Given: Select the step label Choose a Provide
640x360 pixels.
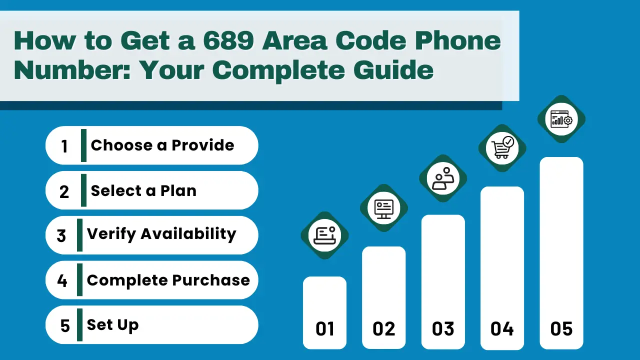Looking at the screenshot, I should click(x=162, y=145).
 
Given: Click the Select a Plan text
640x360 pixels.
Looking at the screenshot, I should click(x=143, y=190).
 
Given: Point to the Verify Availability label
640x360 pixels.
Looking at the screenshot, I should click(x=161, y=234).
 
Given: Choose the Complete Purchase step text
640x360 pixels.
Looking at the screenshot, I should click(x=168, y=280).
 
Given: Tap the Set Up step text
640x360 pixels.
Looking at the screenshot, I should click(x=112, y=325).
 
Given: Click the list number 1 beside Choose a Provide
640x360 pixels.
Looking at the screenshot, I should click(x=64, y=146).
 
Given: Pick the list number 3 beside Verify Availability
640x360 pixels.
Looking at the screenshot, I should click(x=61, y=235).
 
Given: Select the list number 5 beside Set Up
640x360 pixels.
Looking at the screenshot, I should click(x=65, y=326).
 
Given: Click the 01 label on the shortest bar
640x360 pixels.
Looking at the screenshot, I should click(x=324, y=329).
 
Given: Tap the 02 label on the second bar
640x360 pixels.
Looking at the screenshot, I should click(x=383, y=329).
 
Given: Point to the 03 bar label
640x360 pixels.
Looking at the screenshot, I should click(x=443, y=329).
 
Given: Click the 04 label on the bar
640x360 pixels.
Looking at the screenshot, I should click(x=502, y=329).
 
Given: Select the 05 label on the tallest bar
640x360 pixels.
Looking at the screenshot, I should click(x=561, y=329).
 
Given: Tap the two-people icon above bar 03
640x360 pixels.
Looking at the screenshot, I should click(x=443, y=178).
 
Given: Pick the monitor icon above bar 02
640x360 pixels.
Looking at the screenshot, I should click(x=383, y=208).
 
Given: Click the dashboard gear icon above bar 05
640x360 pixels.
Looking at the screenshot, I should click(x=561, y=119).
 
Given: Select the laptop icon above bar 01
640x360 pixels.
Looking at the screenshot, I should click(x=324, y=235).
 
